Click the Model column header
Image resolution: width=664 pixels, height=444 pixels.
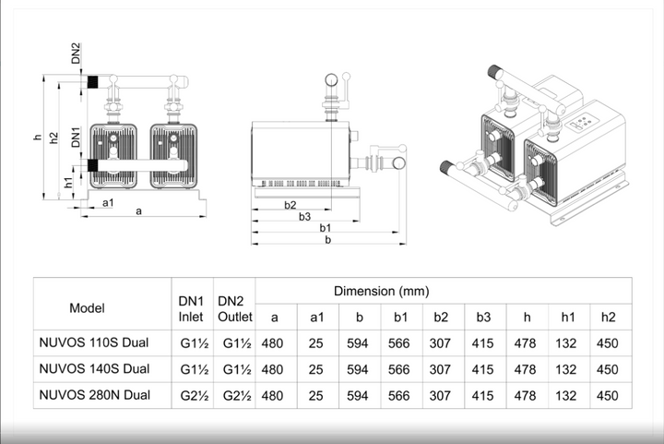(x=88, y=307)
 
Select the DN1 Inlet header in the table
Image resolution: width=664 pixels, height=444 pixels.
(x=191, y=308)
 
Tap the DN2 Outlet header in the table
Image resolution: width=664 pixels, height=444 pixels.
(x=234, y=308)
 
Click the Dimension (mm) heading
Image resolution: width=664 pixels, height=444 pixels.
(x=381, y=291)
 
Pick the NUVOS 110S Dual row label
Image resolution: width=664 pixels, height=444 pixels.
(x=95, y=343)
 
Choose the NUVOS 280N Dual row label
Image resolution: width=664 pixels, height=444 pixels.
(x=95, y=395)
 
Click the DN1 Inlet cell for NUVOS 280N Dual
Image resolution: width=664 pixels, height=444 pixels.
(x=191, y=395)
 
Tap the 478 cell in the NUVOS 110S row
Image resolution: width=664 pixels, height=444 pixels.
(x=525, y=343)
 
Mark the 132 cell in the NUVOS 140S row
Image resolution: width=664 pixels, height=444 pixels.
(x=567, y=369)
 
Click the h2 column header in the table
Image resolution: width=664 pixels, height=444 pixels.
(x=608, y=318)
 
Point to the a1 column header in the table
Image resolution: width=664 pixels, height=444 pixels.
(x=315, y=318)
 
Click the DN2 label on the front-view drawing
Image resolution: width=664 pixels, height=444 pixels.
(x=77, y=53)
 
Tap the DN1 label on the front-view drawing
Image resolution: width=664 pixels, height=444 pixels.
(x=77, y=139)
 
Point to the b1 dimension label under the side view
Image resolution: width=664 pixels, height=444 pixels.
(x=326, y=227)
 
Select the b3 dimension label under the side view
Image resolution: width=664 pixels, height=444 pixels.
(x=304, y=216)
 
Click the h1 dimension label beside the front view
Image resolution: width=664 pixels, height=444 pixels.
(x=68, y=183)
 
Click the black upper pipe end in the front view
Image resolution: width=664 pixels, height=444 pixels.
(x=92, y=81)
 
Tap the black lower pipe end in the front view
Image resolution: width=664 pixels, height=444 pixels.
(x=92, y=166)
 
